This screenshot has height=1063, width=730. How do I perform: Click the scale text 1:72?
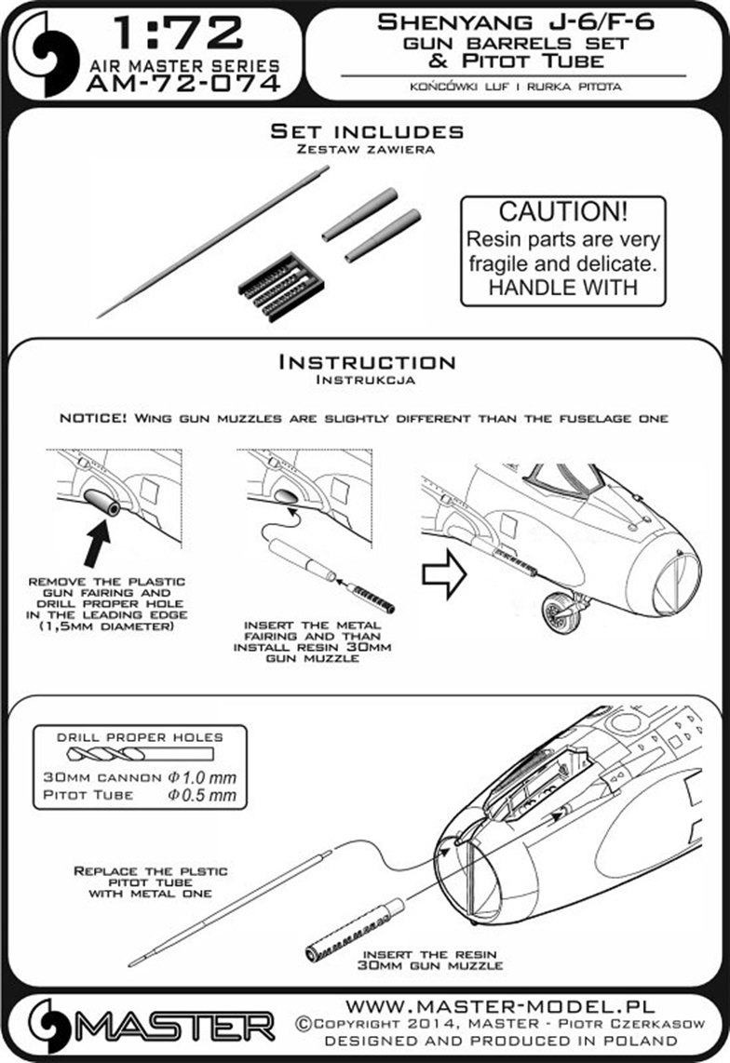179,34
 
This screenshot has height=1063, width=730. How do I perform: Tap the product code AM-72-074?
183,84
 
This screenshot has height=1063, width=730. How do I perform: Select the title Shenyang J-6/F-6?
516,22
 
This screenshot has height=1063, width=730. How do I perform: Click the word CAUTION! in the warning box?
563,211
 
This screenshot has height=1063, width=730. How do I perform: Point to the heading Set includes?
367,131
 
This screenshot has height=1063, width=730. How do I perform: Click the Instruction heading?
367,362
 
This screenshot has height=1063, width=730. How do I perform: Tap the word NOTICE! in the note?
93,418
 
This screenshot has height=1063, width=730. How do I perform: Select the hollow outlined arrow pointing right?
444,574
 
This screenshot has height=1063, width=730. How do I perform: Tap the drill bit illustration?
140,755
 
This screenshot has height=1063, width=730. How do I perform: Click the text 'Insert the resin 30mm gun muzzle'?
429,960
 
